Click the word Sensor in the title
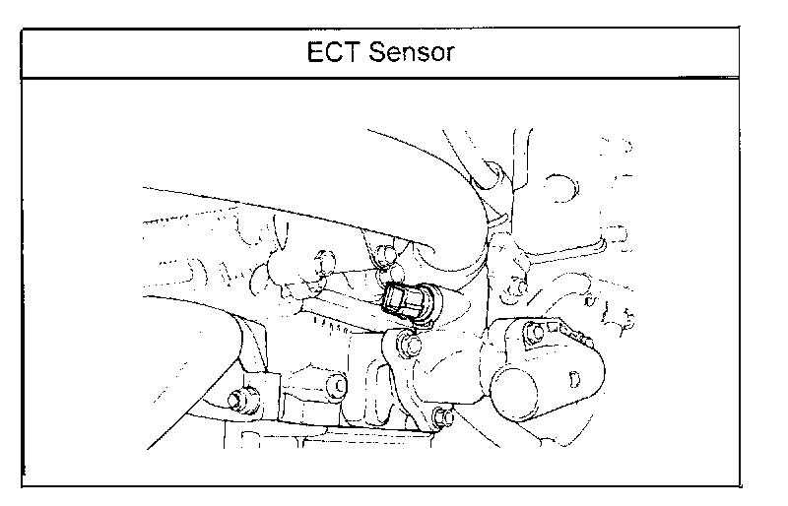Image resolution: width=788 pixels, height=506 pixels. [412, 52]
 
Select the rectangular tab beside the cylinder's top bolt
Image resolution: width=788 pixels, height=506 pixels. [583, 341]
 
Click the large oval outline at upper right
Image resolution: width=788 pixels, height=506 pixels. [558, 187]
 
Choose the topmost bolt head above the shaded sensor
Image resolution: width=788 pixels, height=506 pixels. [386, 255]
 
